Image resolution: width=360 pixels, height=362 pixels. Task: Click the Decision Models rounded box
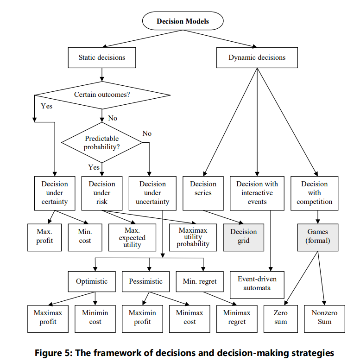pyautogui.click(x=183, y=21)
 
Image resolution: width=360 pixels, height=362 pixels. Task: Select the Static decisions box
pyautogui.click(x=102, y=57)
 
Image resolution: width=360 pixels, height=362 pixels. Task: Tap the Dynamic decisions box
pyautogui.click(x=257, y=57)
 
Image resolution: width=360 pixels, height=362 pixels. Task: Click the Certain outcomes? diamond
pyautogui.click(x=102, y=95)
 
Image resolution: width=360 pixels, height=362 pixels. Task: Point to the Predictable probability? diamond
pyautogui.click(x=102, y=142)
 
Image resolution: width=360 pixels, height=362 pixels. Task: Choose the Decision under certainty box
pyautogui.click(x=55, y=193)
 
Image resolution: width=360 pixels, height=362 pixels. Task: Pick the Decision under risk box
pyautogui.click(x=102, y=193)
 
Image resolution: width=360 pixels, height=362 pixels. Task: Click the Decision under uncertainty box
pyautogui.click(x=152, y=193)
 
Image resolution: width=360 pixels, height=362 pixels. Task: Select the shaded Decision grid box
pyautogui.click(x=243, y=237)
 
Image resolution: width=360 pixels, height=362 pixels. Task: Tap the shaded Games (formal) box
pyautogui.click(x=318, y=237)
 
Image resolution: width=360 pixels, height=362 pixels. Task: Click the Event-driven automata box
pyautogui.click(x=257, y=285)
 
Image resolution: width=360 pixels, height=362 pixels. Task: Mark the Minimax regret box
pyautogui.click(x=237, y=319)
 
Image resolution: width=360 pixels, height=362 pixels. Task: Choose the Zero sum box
pyautogui.click(x=281, y=319)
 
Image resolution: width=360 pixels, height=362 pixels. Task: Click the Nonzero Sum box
pyautogui.click(x=324, y=319)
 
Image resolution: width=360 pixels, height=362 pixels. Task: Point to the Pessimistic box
pyautogui.click(x=145, y=281)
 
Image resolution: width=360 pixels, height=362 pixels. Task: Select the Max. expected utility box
pyautogui.click(x=132, y=237)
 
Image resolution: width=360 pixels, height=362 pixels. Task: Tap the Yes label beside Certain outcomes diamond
pyautogui.click(x=46, y=106)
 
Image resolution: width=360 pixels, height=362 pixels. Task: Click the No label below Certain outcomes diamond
pyautogui.click(x=113, y=118)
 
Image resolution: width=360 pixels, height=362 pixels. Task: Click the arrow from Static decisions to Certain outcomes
pyautogui.click(x=102, y=75)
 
